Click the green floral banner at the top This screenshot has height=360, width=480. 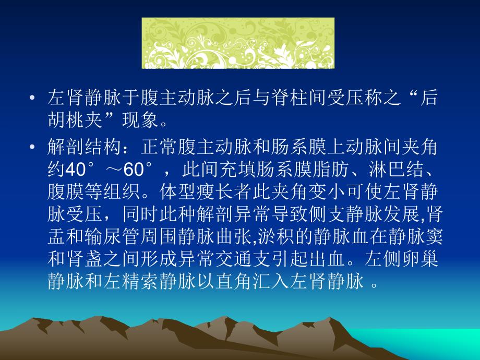point(238,43)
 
